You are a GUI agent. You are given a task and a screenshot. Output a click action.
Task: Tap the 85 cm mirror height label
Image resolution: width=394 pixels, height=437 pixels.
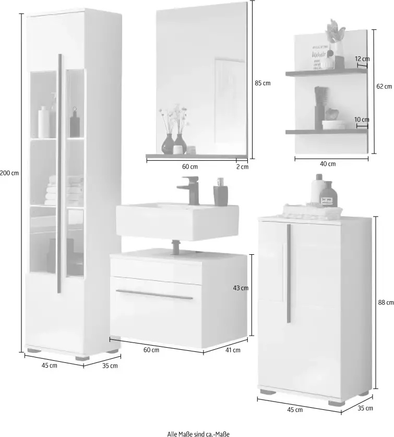pyautogui.click(x=263, y=83)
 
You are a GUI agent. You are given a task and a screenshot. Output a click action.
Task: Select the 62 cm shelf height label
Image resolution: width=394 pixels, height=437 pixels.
pyautogui.click(x=384, y=87)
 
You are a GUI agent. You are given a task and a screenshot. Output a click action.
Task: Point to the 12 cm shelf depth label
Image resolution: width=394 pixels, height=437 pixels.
pyautogui.click(x=362, y=60)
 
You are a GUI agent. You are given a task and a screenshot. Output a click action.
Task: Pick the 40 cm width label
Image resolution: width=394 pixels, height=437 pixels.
pyautogui.click(x=327, y=164)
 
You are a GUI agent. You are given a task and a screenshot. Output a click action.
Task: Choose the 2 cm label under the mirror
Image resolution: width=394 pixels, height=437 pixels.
pyautogui.click(x=242, y=167)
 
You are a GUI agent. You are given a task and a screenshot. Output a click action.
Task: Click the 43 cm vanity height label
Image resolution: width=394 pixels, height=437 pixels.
pyautogui.click(x=240, y=288)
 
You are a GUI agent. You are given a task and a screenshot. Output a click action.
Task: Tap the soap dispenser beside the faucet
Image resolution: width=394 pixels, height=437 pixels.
pyautogui.click(x=219, y=193)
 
